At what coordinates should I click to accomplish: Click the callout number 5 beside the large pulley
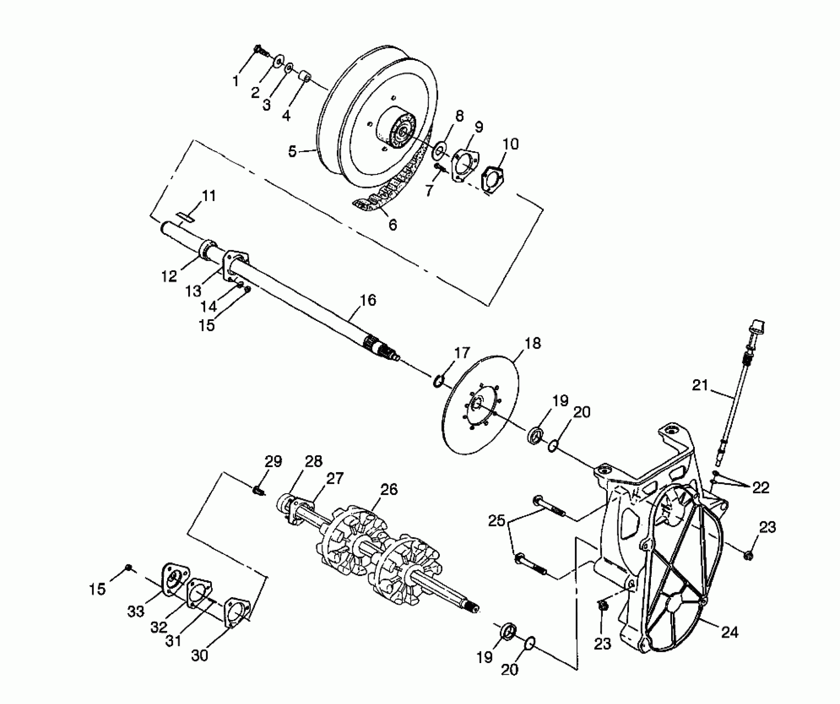293,152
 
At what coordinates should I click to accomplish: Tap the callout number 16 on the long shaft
368,300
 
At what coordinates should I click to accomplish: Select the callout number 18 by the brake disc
532,343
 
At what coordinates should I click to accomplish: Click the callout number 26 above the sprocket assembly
389,489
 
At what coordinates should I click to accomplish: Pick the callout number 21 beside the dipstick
700,385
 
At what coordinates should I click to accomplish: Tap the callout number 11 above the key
209,196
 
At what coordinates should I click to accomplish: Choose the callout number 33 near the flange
136,611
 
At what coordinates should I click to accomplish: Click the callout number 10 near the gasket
511,144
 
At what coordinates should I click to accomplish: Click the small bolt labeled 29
259,491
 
